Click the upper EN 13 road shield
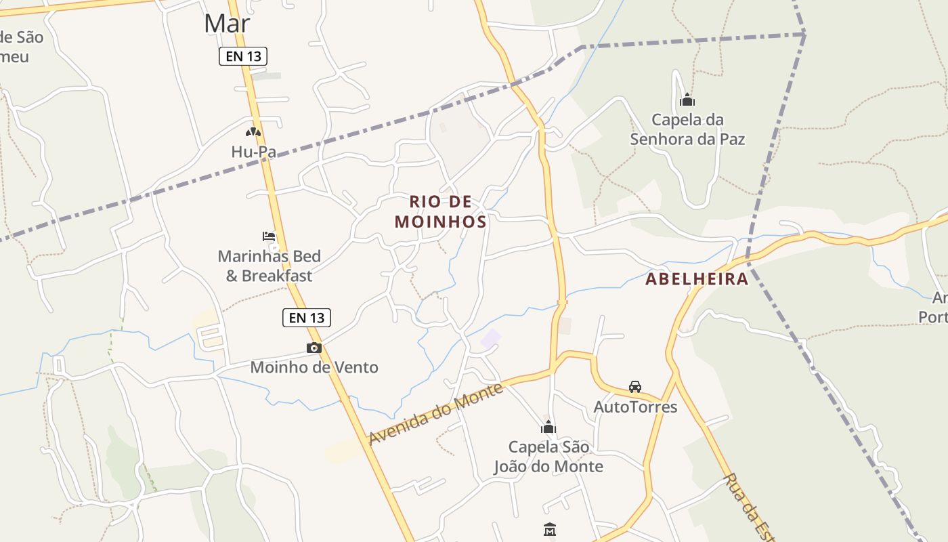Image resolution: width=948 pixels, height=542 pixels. pos(243,56)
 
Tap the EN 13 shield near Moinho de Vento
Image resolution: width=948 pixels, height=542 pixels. pos(307,317)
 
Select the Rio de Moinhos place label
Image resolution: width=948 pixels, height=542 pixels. pos(440,211)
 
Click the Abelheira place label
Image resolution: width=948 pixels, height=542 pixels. pos(697,279)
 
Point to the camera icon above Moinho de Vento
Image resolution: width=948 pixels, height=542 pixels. pos(314,348)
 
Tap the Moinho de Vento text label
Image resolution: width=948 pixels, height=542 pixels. pos(314,367)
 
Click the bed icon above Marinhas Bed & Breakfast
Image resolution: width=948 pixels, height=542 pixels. pos(270,236)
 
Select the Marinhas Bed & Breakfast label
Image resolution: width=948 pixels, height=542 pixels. pos(269,266)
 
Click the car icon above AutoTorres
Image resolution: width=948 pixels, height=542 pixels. pos(635,387)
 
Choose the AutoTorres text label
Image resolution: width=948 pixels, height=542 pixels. pos(635,406)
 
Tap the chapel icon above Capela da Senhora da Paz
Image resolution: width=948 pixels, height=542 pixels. pos(687,100)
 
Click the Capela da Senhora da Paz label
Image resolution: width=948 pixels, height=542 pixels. pos(687,129)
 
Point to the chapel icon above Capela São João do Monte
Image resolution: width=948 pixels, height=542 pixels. pos(548,428)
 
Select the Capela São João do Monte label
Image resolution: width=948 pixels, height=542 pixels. pos(548,457)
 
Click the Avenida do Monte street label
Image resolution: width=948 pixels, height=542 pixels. pos(436,414)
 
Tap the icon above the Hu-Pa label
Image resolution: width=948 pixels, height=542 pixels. pos(253,132)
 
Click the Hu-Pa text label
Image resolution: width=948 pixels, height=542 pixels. pos(253,152)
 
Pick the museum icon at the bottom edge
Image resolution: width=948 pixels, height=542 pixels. pos(550,529)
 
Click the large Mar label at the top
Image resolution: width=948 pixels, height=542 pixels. pos(227,23)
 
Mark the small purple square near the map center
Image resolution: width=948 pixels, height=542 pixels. pos(490,339)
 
